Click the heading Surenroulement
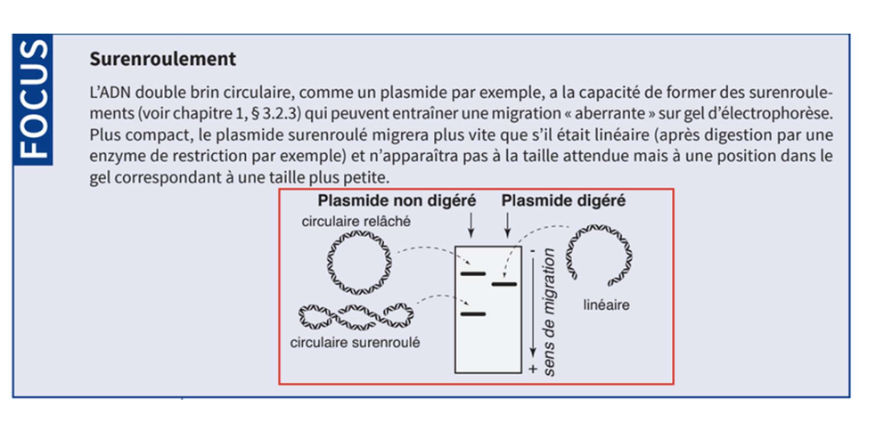(x=163, y=60)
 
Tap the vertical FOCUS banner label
(x=34, y=99)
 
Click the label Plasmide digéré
(x=563, y=201)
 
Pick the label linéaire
(x=607, y=305)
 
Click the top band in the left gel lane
(x=472, y=273)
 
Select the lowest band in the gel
(x=472, y=313)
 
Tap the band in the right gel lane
(x=503, y=285)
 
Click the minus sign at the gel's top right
(x=532, y=252)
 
